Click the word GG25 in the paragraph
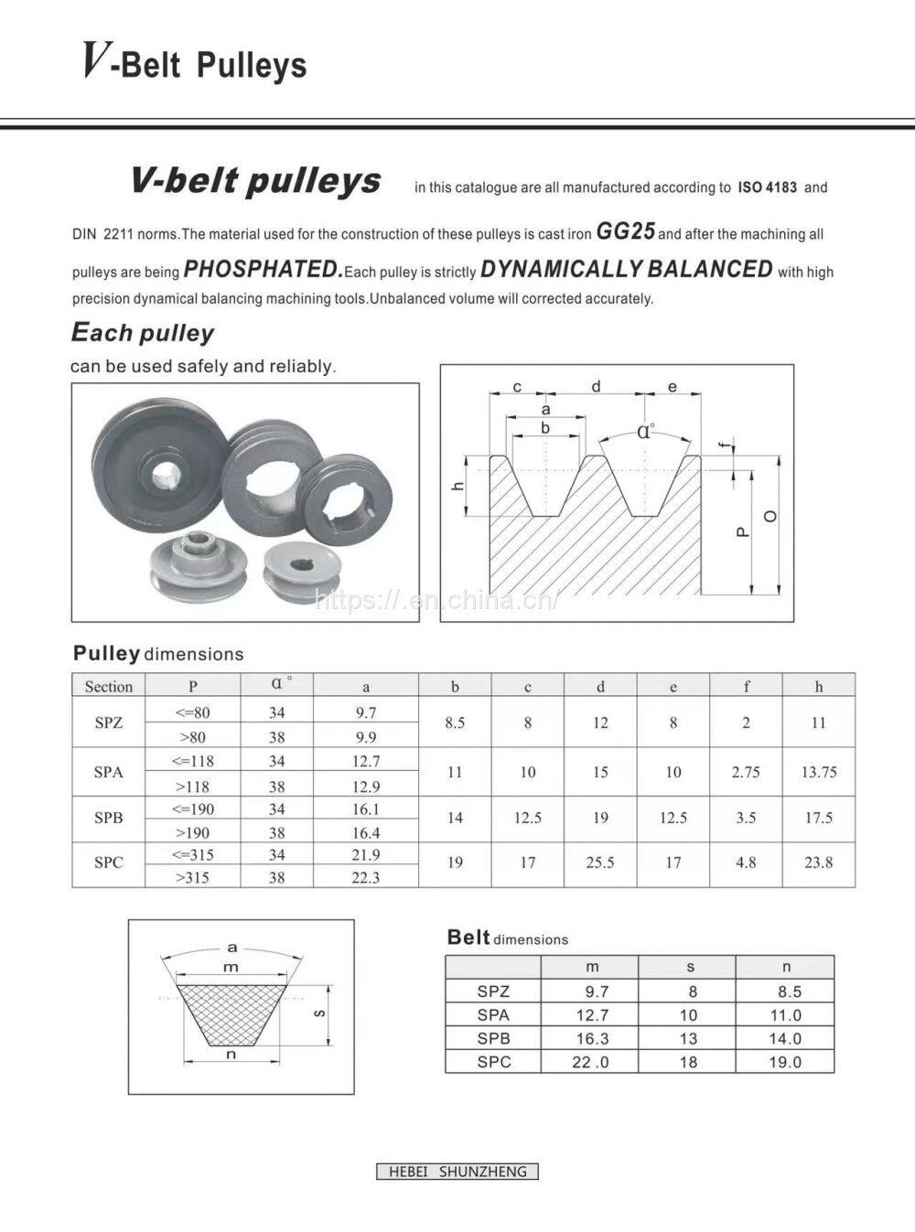625,232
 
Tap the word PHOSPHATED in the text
263,270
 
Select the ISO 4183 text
767,187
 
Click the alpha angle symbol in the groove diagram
646,431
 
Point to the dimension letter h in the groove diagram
458,486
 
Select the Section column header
109,686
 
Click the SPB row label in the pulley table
108,818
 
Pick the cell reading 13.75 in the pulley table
818,772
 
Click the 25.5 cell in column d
600,862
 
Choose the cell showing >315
193,877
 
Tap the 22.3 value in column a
365,877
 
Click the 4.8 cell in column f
746,862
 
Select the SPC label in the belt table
493,1062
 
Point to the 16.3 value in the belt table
592,1038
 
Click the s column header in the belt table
690,967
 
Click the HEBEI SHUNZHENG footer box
457,1172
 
